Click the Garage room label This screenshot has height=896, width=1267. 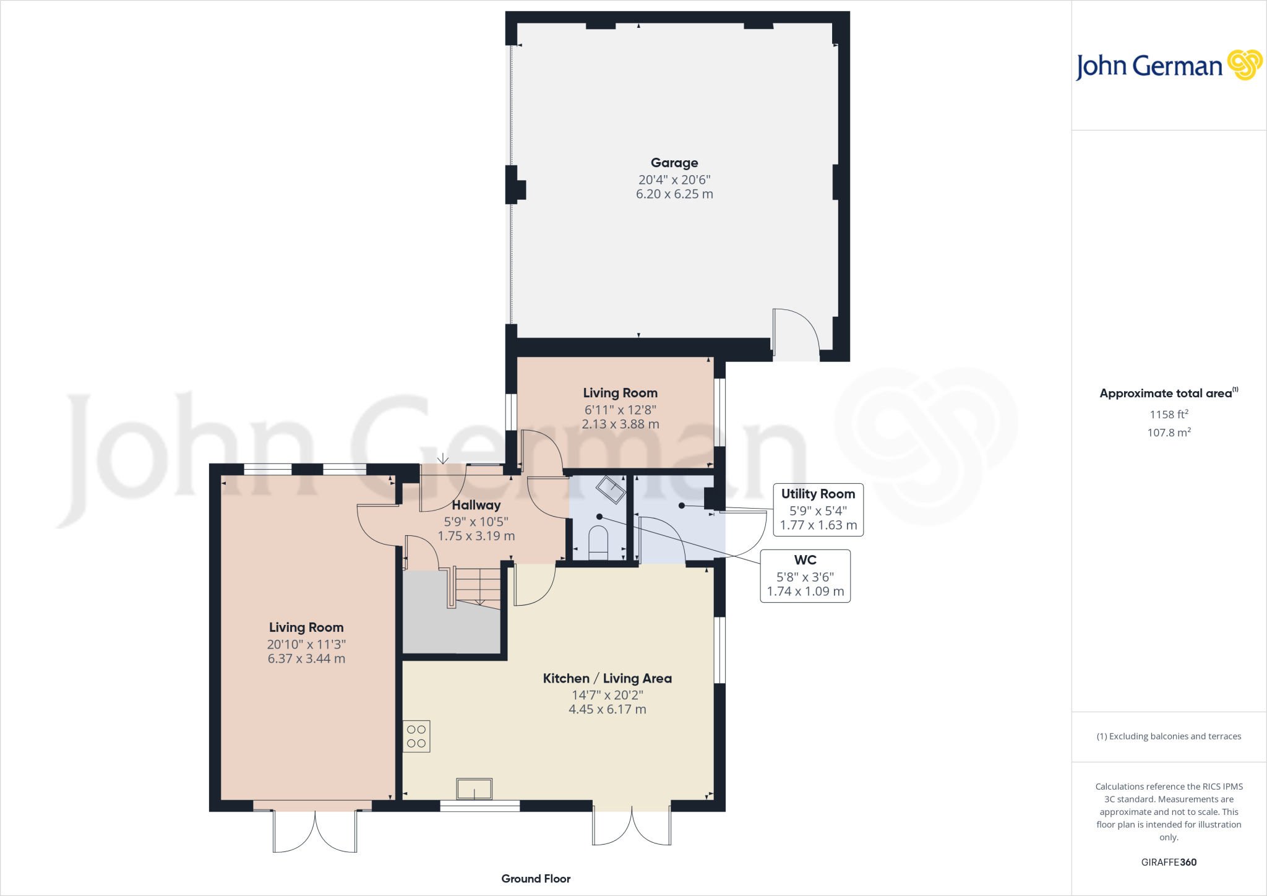[x=674, y=163]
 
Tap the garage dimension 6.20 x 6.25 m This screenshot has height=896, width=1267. [x=674, y=194]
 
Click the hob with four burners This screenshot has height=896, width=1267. [x=416, y=736]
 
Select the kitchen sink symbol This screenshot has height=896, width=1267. [x=475, y=789]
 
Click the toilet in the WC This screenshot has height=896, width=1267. [x=598, y=541]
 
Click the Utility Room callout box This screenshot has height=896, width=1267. [x=818, y=509]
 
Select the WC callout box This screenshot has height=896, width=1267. [x=805, y=575]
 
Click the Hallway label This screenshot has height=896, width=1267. [x=476, y=505]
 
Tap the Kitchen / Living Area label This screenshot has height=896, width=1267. [x=607, y=678]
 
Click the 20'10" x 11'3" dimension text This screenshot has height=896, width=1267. [x=306, y=644]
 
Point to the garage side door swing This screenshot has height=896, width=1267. [x=797, y=334]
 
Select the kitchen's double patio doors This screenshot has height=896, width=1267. [x=632, y=826]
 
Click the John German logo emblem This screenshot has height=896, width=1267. [x=1245, y=65]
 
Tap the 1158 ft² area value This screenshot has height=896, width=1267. [x=1169, y=415]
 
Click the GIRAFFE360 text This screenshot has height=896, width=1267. [x=1169, y=862]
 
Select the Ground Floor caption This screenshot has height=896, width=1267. [x=536, y=879]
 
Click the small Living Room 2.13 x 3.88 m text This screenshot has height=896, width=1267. [x=620, y=424]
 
